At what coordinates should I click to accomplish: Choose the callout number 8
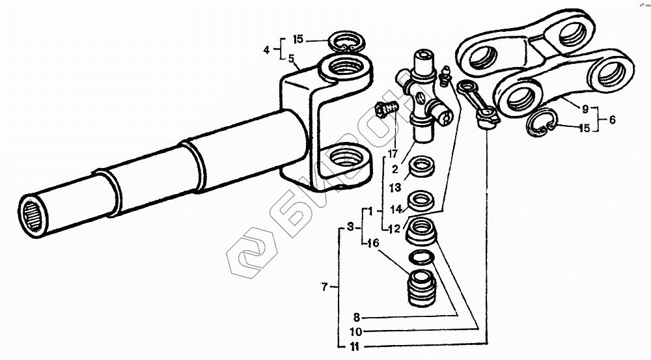pyautogui.click(x=357, y=318)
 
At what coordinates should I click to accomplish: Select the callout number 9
pyautogui.click(x=585, y=109)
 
